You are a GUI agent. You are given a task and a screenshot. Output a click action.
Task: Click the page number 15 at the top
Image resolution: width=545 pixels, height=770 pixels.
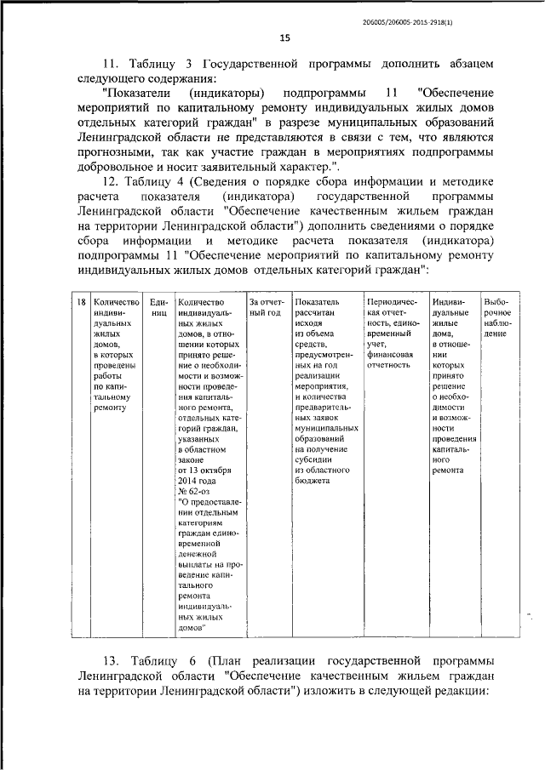coord(284,37)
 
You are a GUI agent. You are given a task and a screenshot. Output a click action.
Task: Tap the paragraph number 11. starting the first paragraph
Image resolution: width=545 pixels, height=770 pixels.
coord(112,63)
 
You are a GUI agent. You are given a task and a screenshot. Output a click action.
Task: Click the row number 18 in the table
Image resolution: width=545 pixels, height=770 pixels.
coord(79,302)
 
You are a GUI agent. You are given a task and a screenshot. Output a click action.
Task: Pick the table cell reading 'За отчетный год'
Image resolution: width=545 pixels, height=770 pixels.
coord(265,308)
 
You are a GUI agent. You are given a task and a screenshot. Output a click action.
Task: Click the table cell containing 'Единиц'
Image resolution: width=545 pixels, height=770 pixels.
coord(158,308)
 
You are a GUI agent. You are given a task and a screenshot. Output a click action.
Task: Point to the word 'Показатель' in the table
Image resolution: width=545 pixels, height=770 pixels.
coord(317,302)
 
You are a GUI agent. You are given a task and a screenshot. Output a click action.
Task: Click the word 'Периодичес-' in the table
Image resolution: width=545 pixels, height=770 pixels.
coord(390,302)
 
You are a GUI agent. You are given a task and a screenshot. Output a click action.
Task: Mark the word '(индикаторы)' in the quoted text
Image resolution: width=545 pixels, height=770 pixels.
coord(226,91)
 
